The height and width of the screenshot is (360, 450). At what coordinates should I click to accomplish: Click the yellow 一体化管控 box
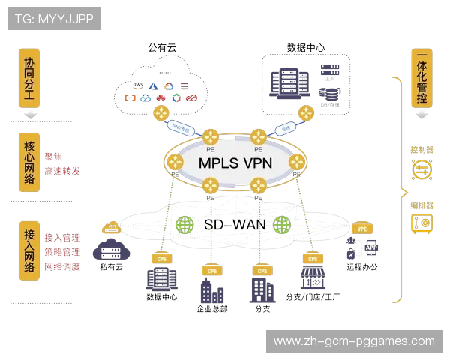coord(421,78)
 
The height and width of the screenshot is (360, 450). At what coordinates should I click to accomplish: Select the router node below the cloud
coord(160,113)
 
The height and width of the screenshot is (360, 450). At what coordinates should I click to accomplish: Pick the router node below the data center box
coord(306,113)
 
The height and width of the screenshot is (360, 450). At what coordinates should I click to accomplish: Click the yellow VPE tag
coord(362,229)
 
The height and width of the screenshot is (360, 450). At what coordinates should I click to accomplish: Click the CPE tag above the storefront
coord(311,258)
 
